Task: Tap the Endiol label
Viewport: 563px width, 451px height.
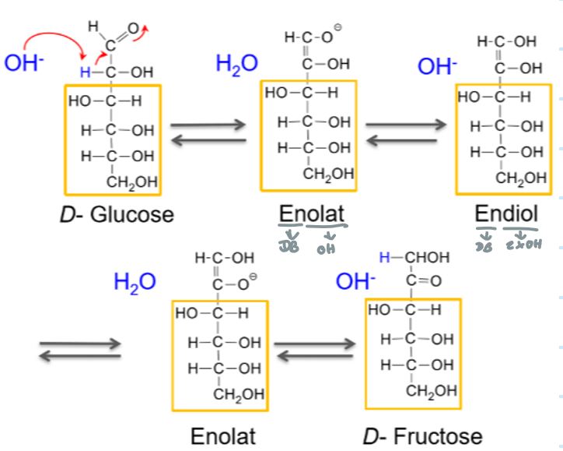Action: tap(506, 213)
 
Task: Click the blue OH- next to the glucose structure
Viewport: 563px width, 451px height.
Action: tap(21, 62)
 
